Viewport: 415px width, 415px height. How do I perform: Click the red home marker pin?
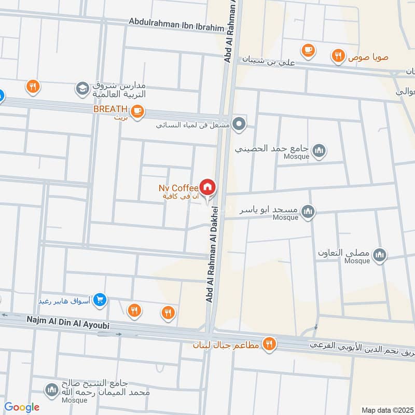click(208, 187)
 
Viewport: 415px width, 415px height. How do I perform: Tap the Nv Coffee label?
click(178, 187)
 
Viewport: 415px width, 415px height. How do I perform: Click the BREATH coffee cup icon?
click(137, 112)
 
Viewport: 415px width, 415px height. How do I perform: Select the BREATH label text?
click(110, 109)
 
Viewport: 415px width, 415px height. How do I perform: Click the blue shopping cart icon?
click(101, 299)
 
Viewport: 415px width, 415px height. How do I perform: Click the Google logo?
click(21, 407)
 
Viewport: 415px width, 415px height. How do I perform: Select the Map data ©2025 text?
click(386, 410)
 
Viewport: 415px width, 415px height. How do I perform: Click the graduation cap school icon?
click(82, 89)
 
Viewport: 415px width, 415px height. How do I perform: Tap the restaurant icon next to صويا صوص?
click(338, 56)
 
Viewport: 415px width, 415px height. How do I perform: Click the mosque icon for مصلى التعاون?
click(380, 255)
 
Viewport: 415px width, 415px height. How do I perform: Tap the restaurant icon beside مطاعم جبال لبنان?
click(269, 343)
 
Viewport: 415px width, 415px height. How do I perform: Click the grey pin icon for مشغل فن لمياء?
click(239, 124)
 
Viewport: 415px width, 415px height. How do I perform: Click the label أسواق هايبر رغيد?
click(65, 300)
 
